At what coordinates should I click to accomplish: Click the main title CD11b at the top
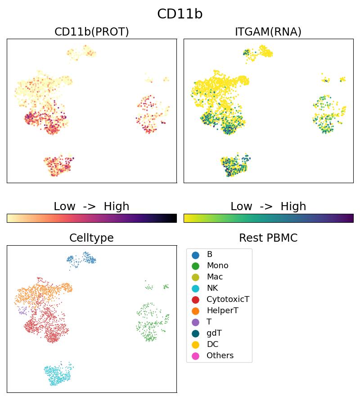(x=180, y=14)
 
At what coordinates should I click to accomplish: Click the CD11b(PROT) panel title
(x=91, y=32)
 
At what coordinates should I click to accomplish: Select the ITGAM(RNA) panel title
(x=268, y=32)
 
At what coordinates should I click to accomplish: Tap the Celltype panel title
(x=91, y=238)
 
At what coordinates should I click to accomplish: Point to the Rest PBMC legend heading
(x=268, y=238)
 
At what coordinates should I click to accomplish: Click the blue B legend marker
(x=195, y=255)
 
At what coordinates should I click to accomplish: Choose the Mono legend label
(x=217, y=266)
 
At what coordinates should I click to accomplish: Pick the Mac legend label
(x=215, y=277)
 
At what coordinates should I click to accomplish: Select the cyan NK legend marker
(x=195, y=288)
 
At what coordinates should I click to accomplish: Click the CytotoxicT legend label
(x=228, y=300)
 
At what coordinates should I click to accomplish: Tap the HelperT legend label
(x=222, y=311)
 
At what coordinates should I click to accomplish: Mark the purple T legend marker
(x=195, y=322)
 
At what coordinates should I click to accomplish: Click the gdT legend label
(x=214, y=333)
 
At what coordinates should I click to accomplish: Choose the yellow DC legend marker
(x=195, y=345)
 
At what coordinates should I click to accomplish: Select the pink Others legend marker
(x=195, y=356)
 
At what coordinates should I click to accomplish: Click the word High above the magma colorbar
(x=117, y=207)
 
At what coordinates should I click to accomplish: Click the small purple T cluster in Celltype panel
(x=22, y=310)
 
